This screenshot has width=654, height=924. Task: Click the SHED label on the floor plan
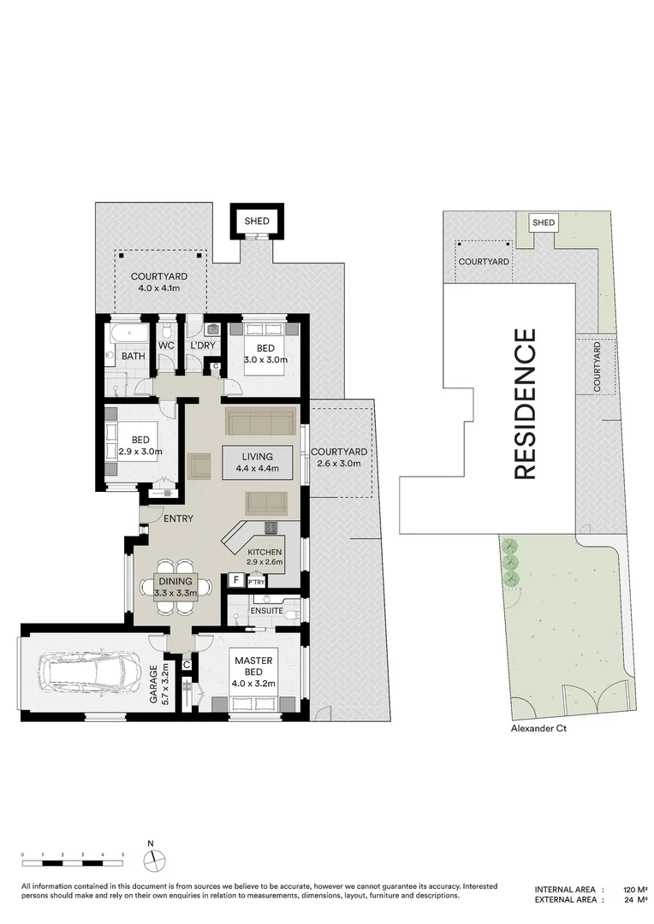[257, 221]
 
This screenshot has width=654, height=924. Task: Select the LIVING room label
[257, 457]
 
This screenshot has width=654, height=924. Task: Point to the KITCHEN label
[265, 552]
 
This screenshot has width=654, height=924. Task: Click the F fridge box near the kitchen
[236, 580]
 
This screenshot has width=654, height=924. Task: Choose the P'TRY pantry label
[257, 583]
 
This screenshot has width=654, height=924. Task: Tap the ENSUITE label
[266, 611]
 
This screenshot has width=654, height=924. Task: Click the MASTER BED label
[253, 666]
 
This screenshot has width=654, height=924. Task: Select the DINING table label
[175, 581]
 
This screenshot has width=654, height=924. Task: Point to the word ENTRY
[178, 518]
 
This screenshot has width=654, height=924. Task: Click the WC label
[166, 346]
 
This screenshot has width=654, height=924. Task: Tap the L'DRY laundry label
[202, 346]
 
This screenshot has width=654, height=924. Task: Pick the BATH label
[134, 356]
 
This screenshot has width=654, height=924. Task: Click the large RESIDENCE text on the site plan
[525, 404]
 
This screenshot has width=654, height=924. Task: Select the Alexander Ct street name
[538, 728]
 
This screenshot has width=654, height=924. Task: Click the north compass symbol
[154, 859]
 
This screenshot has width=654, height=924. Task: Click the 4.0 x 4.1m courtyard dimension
[158, 288]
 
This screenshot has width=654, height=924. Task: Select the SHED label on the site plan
[543, 222]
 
